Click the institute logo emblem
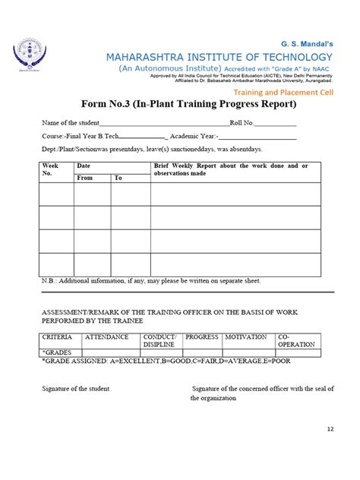point(30,57)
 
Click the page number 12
point(330,429)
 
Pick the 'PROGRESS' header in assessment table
point(202,336)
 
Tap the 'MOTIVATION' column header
point(247,336)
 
